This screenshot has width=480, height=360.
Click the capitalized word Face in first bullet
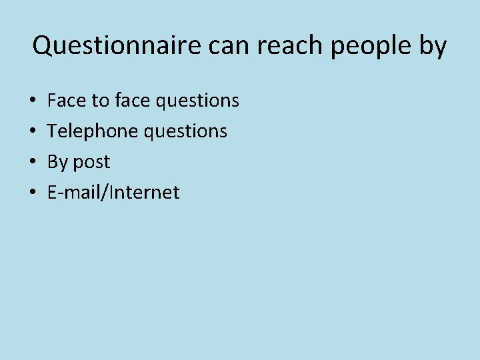[x=67, y=100]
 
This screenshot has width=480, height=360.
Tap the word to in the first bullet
[x=100, y=100]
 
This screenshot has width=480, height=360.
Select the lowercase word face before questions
[x=132, y=100]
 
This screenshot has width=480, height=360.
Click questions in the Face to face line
[x=197, y=101]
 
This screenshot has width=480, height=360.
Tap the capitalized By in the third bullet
[x=58, y=162]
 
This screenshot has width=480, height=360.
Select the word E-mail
[x=74, y=193]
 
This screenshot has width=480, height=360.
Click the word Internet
[x=144, y=193]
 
